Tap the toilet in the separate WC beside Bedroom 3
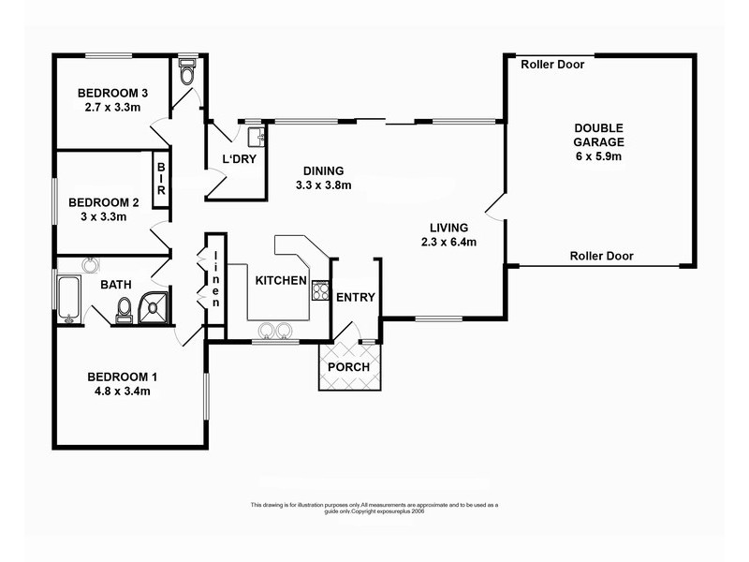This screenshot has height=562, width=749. (x=186, y=72)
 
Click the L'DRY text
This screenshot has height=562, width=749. (x=238, y=158)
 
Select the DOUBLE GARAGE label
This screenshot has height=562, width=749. (x=599, y=135)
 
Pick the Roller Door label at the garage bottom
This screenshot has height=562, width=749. (x=601, y=256)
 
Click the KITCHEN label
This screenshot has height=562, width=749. (x=280, y=280)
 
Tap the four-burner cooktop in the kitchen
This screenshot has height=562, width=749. (x=320, y=289)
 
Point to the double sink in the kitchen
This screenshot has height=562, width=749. (x=274, y=330)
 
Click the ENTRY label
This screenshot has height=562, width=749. (x=356, y=298)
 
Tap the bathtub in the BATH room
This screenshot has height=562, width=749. (x=67, y=299)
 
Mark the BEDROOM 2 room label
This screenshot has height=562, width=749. (x=104, y=201)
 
